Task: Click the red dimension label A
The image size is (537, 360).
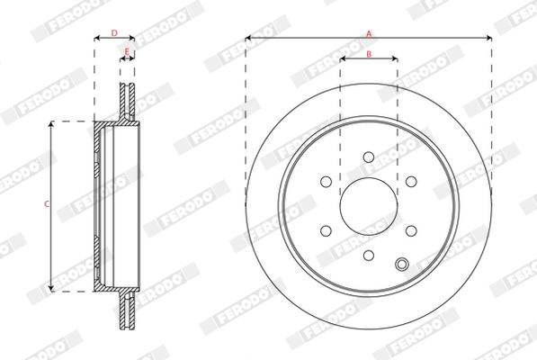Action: tap(369, 33)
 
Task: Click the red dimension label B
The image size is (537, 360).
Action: tap(369, 54)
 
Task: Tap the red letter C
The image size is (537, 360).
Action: tap(47, 204)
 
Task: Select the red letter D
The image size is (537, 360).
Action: tap(114, 33)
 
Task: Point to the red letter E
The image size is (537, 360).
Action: tap(127, 52)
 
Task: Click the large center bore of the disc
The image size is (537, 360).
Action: tap(369, 206)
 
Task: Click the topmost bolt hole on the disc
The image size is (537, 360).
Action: tap(369, 157)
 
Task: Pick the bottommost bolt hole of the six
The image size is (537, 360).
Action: tap(369, 256)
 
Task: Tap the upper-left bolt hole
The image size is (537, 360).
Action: tap(326, 182)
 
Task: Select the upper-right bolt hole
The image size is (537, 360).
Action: tap(411, 182)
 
